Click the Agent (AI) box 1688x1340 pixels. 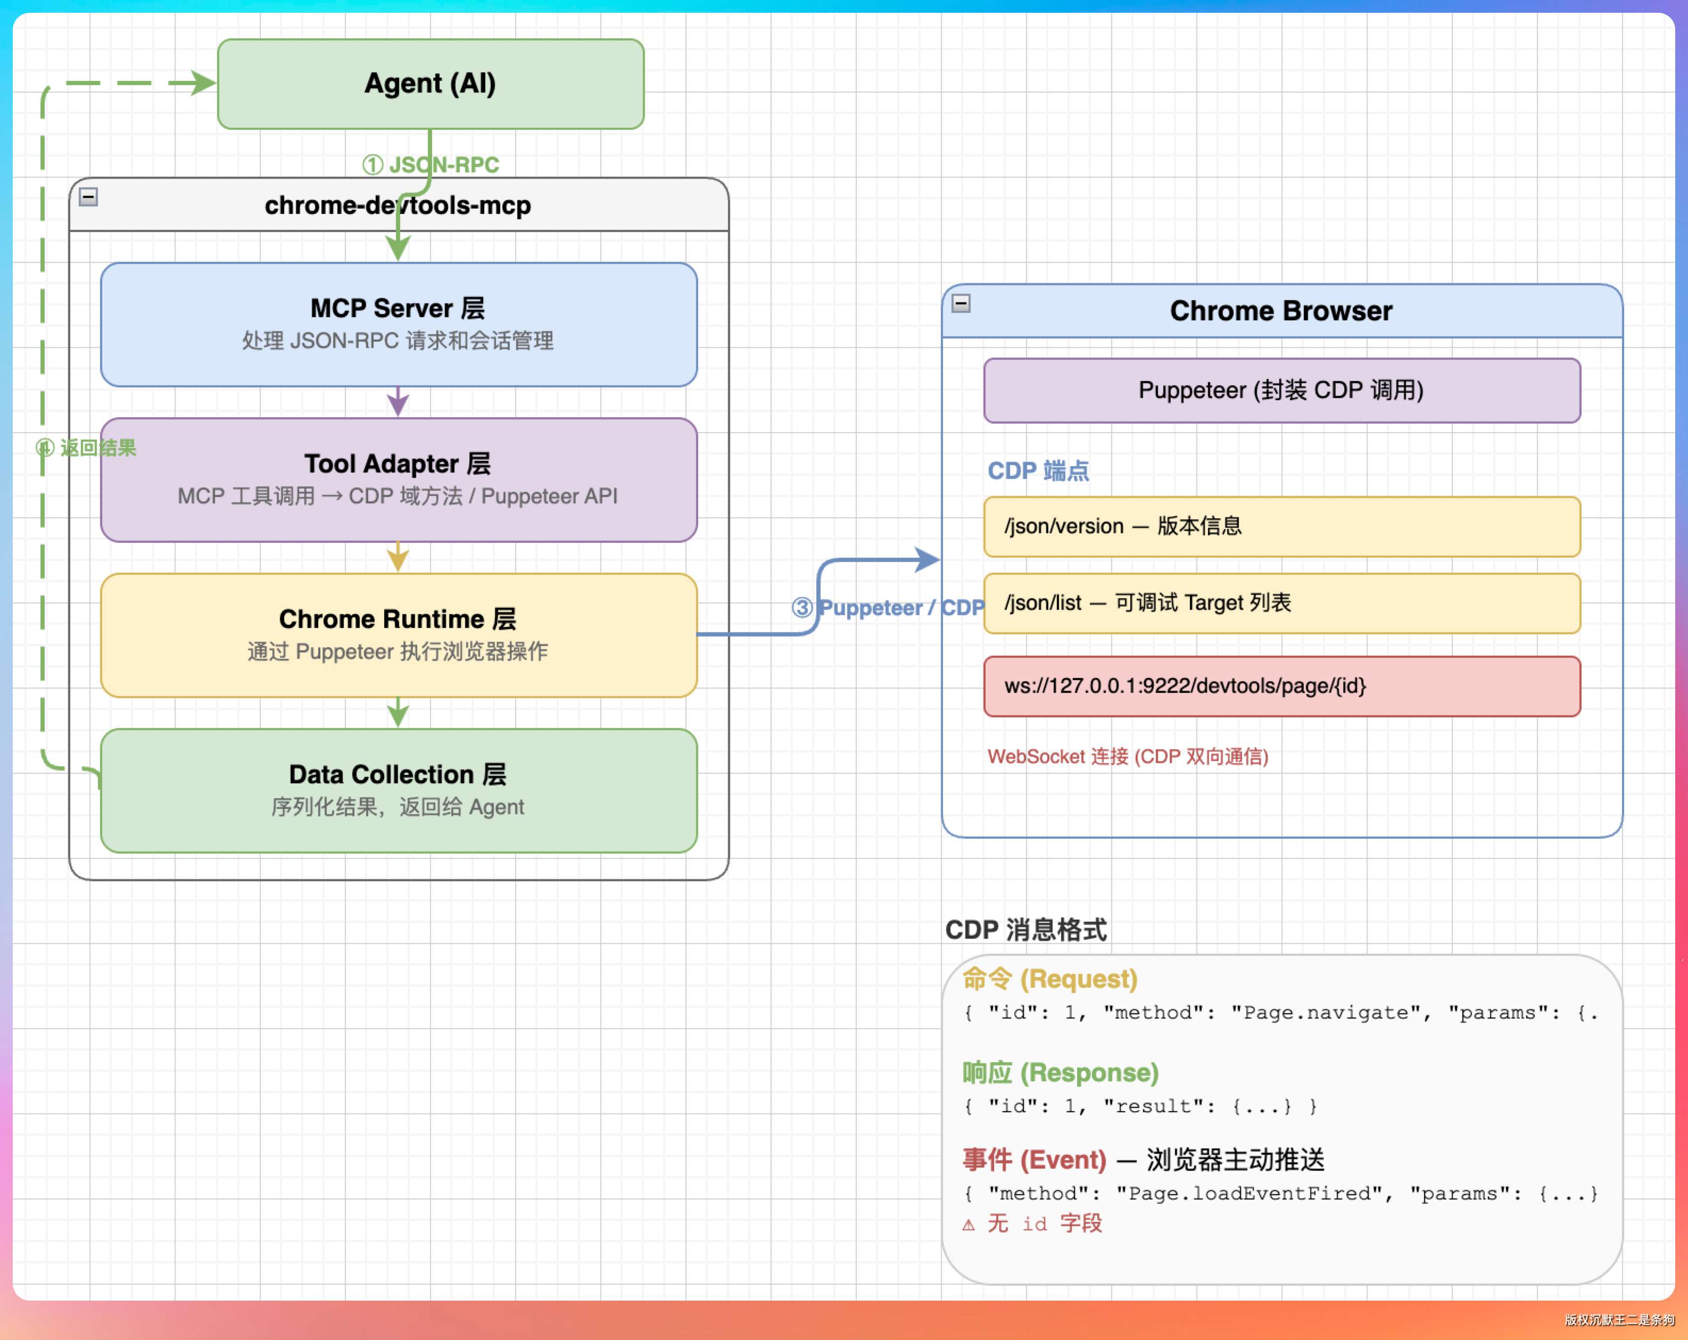(431, 84)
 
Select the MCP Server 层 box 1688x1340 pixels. (399, 324)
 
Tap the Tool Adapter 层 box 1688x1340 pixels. (399, 479)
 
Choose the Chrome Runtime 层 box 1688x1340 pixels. (399, 635)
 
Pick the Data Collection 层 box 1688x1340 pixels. (399, 790)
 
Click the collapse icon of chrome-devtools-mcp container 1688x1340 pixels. (88, 196)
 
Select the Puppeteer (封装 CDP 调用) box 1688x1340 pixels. (1281, 390)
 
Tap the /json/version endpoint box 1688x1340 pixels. (1281, 526)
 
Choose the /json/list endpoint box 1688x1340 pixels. (1281, 603)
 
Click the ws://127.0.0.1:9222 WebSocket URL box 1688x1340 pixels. (1281, 686)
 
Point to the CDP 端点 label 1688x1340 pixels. (1038, 470)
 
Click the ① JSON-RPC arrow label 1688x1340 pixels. (431, 164)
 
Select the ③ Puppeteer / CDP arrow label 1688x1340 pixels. (888, 608)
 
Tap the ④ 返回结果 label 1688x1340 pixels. (86, 448)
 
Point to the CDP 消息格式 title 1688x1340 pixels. (1025, 930)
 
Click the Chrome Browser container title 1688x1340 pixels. (1281, 311)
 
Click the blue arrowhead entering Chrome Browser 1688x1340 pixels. (928, 559)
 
